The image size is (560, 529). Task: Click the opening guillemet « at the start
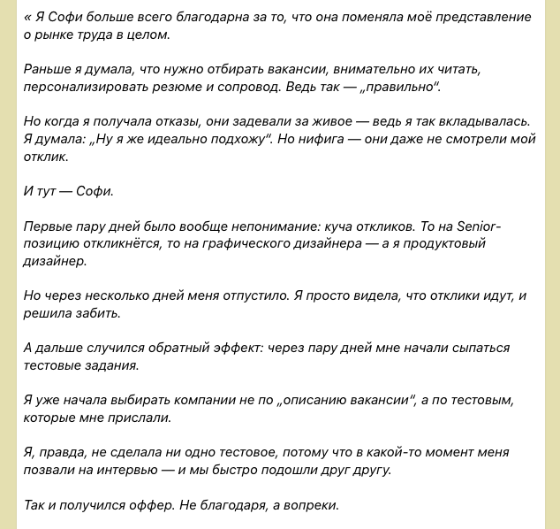coord(27,18)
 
